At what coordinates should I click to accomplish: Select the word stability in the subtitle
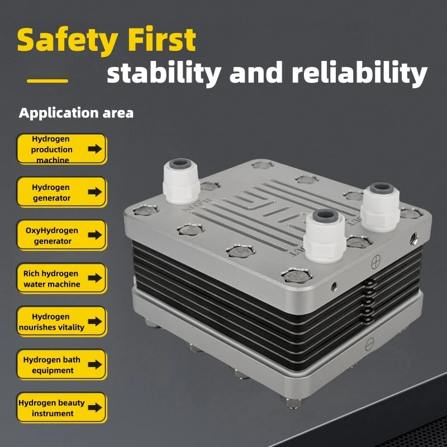[162, 73]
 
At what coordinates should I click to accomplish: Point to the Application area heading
[76, 113]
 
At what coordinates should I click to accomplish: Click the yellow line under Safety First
[47, 81]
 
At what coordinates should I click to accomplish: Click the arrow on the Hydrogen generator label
[95, 192]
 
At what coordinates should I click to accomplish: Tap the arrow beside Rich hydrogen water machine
[95, 278]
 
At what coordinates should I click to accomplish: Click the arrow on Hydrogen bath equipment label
[95, 364]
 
